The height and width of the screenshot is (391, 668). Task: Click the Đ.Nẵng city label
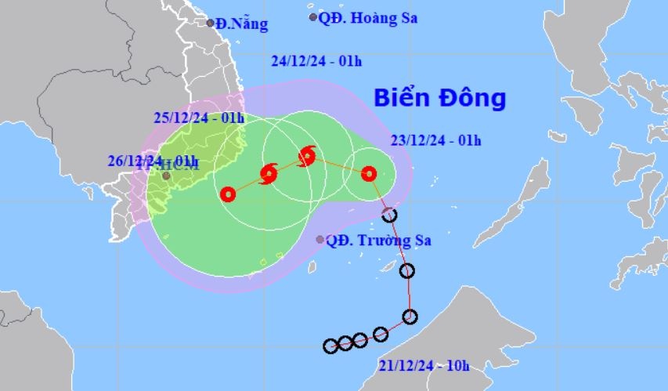242,24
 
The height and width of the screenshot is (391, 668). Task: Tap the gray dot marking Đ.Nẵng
211,23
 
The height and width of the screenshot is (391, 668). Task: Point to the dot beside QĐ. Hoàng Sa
313,16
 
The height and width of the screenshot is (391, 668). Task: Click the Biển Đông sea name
439,99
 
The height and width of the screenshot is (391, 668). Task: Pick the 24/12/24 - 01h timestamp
316,61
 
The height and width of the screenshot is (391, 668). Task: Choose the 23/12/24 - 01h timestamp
435,141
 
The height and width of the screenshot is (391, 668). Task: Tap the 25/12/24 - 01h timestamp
200,119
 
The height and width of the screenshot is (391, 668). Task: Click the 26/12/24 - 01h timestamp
153,162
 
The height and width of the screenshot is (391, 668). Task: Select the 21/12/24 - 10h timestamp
424,365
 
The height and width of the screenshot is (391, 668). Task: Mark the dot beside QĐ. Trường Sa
320,240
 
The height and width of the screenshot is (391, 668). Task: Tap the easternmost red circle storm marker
369,174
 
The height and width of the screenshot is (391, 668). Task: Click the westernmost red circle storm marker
228,194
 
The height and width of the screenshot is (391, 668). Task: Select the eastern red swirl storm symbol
307,156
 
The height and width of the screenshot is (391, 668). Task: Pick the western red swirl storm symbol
269,173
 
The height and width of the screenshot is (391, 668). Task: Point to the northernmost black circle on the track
389,215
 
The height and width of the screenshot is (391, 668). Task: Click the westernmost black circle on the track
330,346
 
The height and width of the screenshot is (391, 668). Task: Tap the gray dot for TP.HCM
166,176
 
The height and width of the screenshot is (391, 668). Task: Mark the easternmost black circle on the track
410,317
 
